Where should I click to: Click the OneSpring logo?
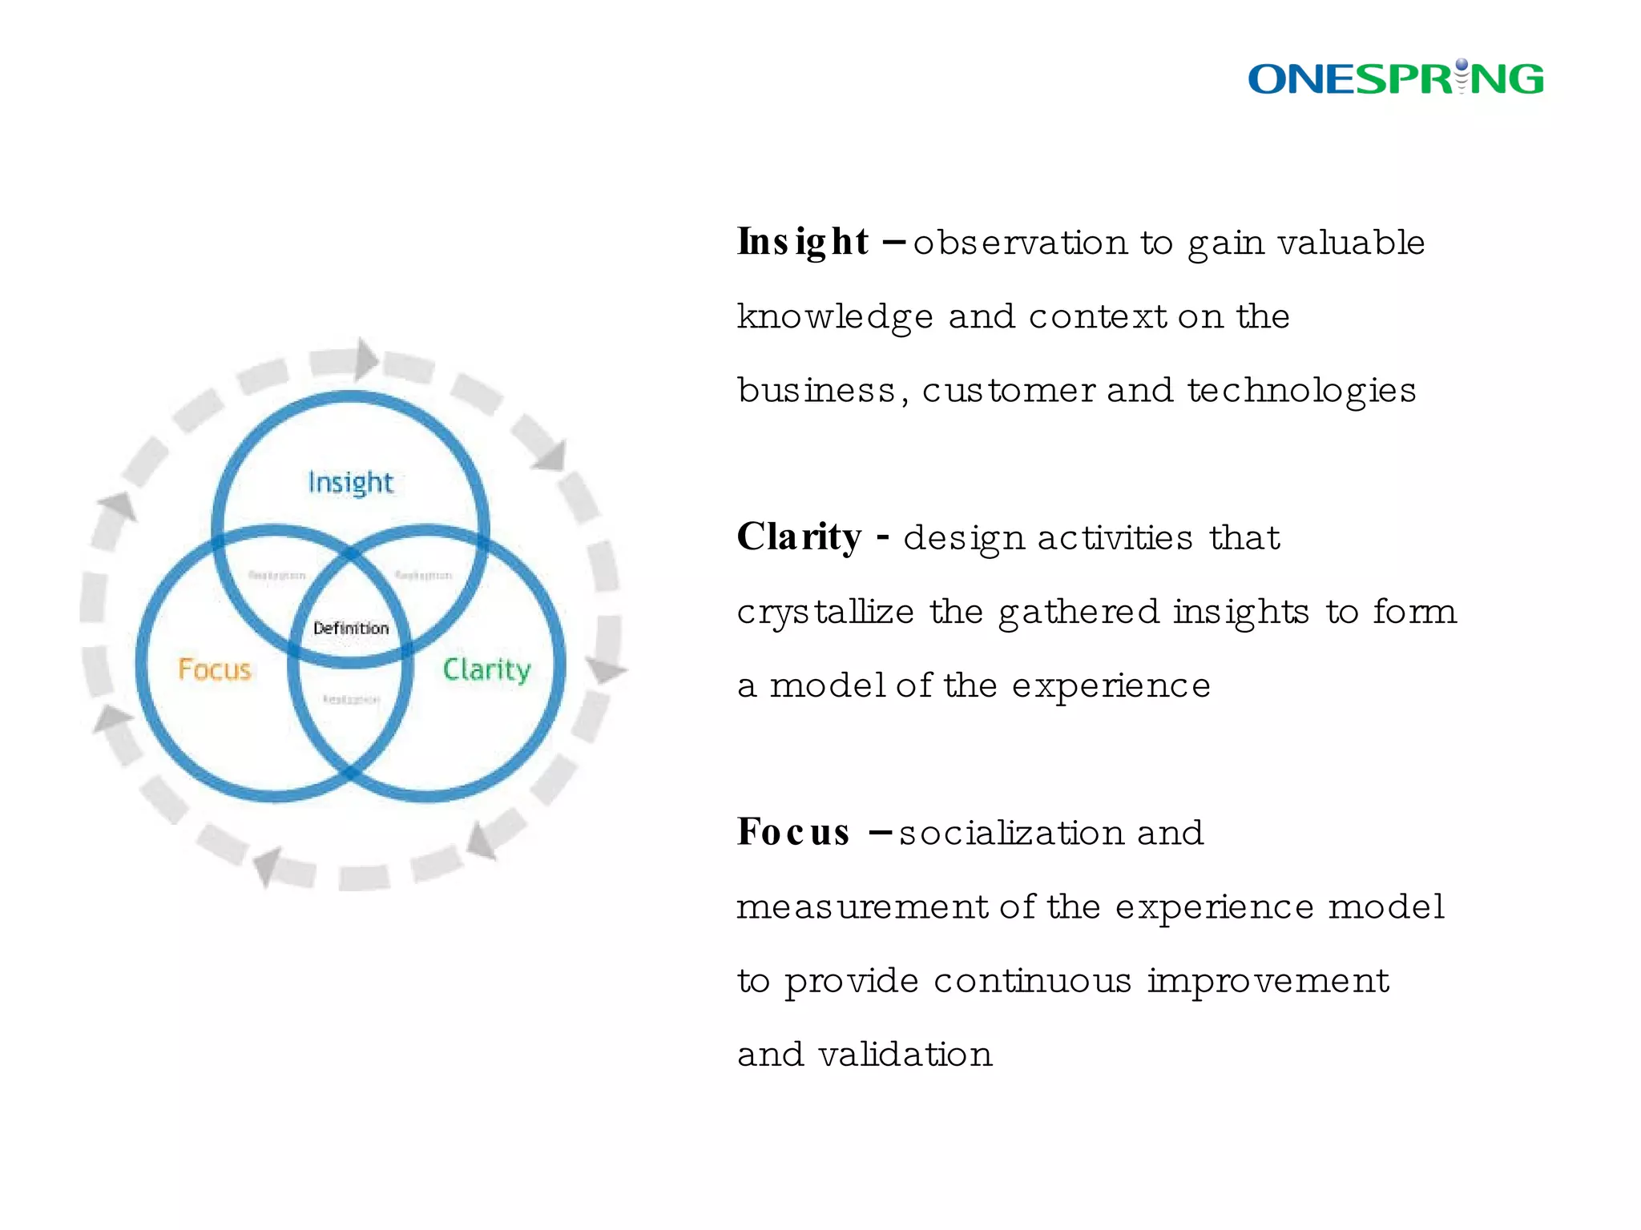pyautogui.click(x=1395, y=78)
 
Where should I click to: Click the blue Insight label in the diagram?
pyautogui.click(x=350, y=482)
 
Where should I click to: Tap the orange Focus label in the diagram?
pyautogui.click(x=214, y=669)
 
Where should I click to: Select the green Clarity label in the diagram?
pyautogui.click(x=486, y=669)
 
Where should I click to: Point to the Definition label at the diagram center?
pyautogui.click(x=351, y=628)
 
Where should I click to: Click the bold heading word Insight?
pyautogui.click(x=803, y=242)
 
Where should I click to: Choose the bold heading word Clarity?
pyautogui.click(x=800, y=537)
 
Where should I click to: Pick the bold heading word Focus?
pyautogui.click(x=793, y=832)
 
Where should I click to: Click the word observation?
pyautogui.click(x=1020, y=243)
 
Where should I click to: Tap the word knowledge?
pyautogui.click(x=835, y=317)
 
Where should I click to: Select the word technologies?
pyautogui.click(x=1301, y=391)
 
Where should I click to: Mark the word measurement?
pyautogui.click(x=862, y=907)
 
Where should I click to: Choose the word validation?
pyautogui.click(x=905, y=1055)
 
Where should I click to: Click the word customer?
pyautogui.click(x=1008, y=391)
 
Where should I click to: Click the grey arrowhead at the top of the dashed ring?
pyautogui.click(x=366, y=359)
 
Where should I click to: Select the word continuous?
pyautogui.click(x=1032, y=981)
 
